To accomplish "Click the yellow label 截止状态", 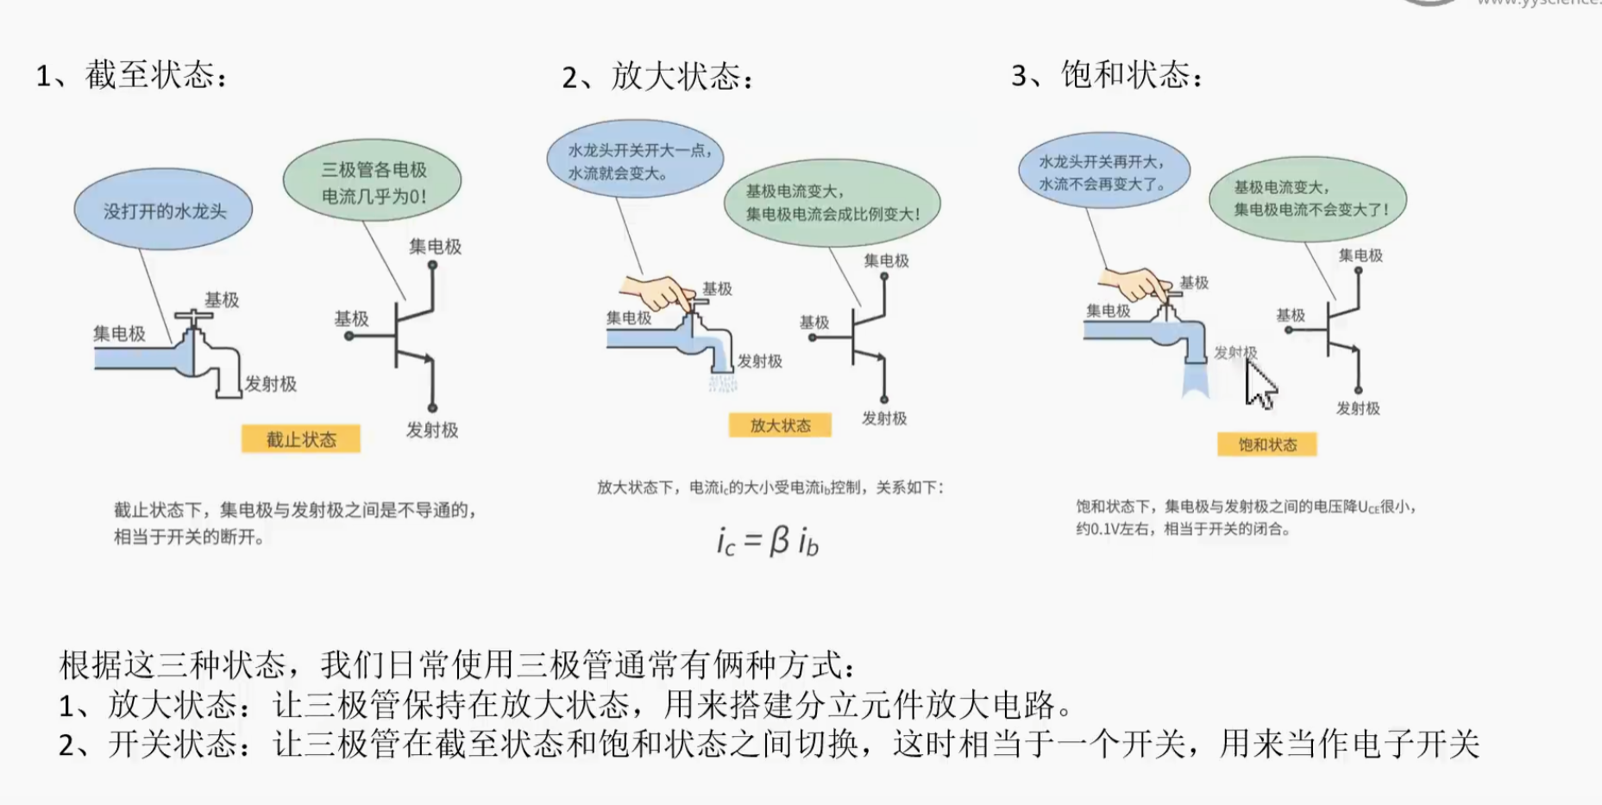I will point(300,439).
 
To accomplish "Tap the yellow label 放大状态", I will point(780,425).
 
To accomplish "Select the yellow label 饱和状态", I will point(1267,445).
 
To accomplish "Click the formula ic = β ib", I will point(767,541).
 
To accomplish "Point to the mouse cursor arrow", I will point(1260,385).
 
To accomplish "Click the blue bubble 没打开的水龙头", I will point(163,210).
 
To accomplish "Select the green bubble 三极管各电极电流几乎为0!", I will point(373,182).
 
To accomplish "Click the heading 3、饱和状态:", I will point(1107,75).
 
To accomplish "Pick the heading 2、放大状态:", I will point(658,77).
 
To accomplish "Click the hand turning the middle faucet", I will point(657,291).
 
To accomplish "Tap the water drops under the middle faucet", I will point(722,381).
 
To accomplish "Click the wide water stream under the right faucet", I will point(1195,380).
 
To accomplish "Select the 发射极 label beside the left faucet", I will point(270,384).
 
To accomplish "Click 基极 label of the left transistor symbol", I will point(351,318).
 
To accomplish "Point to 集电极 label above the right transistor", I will point(1360,255).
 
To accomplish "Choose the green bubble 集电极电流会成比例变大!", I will point(832,203).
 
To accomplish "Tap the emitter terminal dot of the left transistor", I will point(432,408).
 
